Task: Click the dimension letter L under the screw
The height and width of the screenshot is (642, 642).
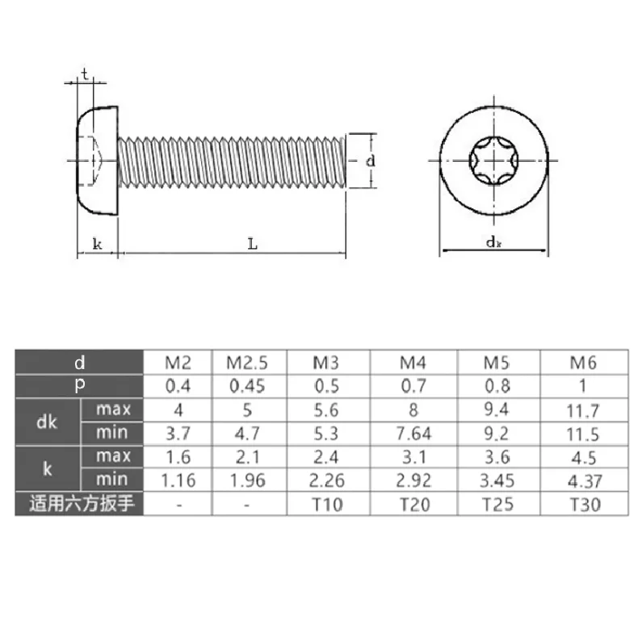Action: [x=252, y=243]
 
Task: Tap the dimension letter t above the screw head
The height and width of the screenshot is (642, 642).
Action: [x=84, y=73]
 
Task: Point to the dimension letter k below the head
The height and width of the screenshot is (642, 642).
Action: [x=97, y=243]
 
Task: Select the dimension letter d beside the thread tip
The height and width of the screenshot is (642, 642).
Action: [x=370, y=161]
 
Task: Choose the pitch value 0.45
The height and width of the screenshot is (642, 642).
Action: [x=246, y=386]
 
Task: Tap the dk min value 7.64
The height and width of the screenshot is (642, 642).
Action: [x=413, y=434]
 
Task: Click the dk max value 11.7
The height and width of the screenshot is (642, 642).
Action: [x=584, y=410]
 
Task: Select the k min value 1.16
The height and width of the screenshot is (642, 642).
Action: [x=177, y=481]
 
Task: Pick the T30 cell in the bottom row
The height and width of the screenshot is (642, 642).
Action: [x=584, y=506]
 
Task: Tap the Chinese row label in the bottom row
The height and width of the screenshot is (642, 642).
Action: [x=79, y=506]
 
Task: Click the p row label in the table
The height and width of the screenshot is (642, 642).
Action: [x=79, y=386]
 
